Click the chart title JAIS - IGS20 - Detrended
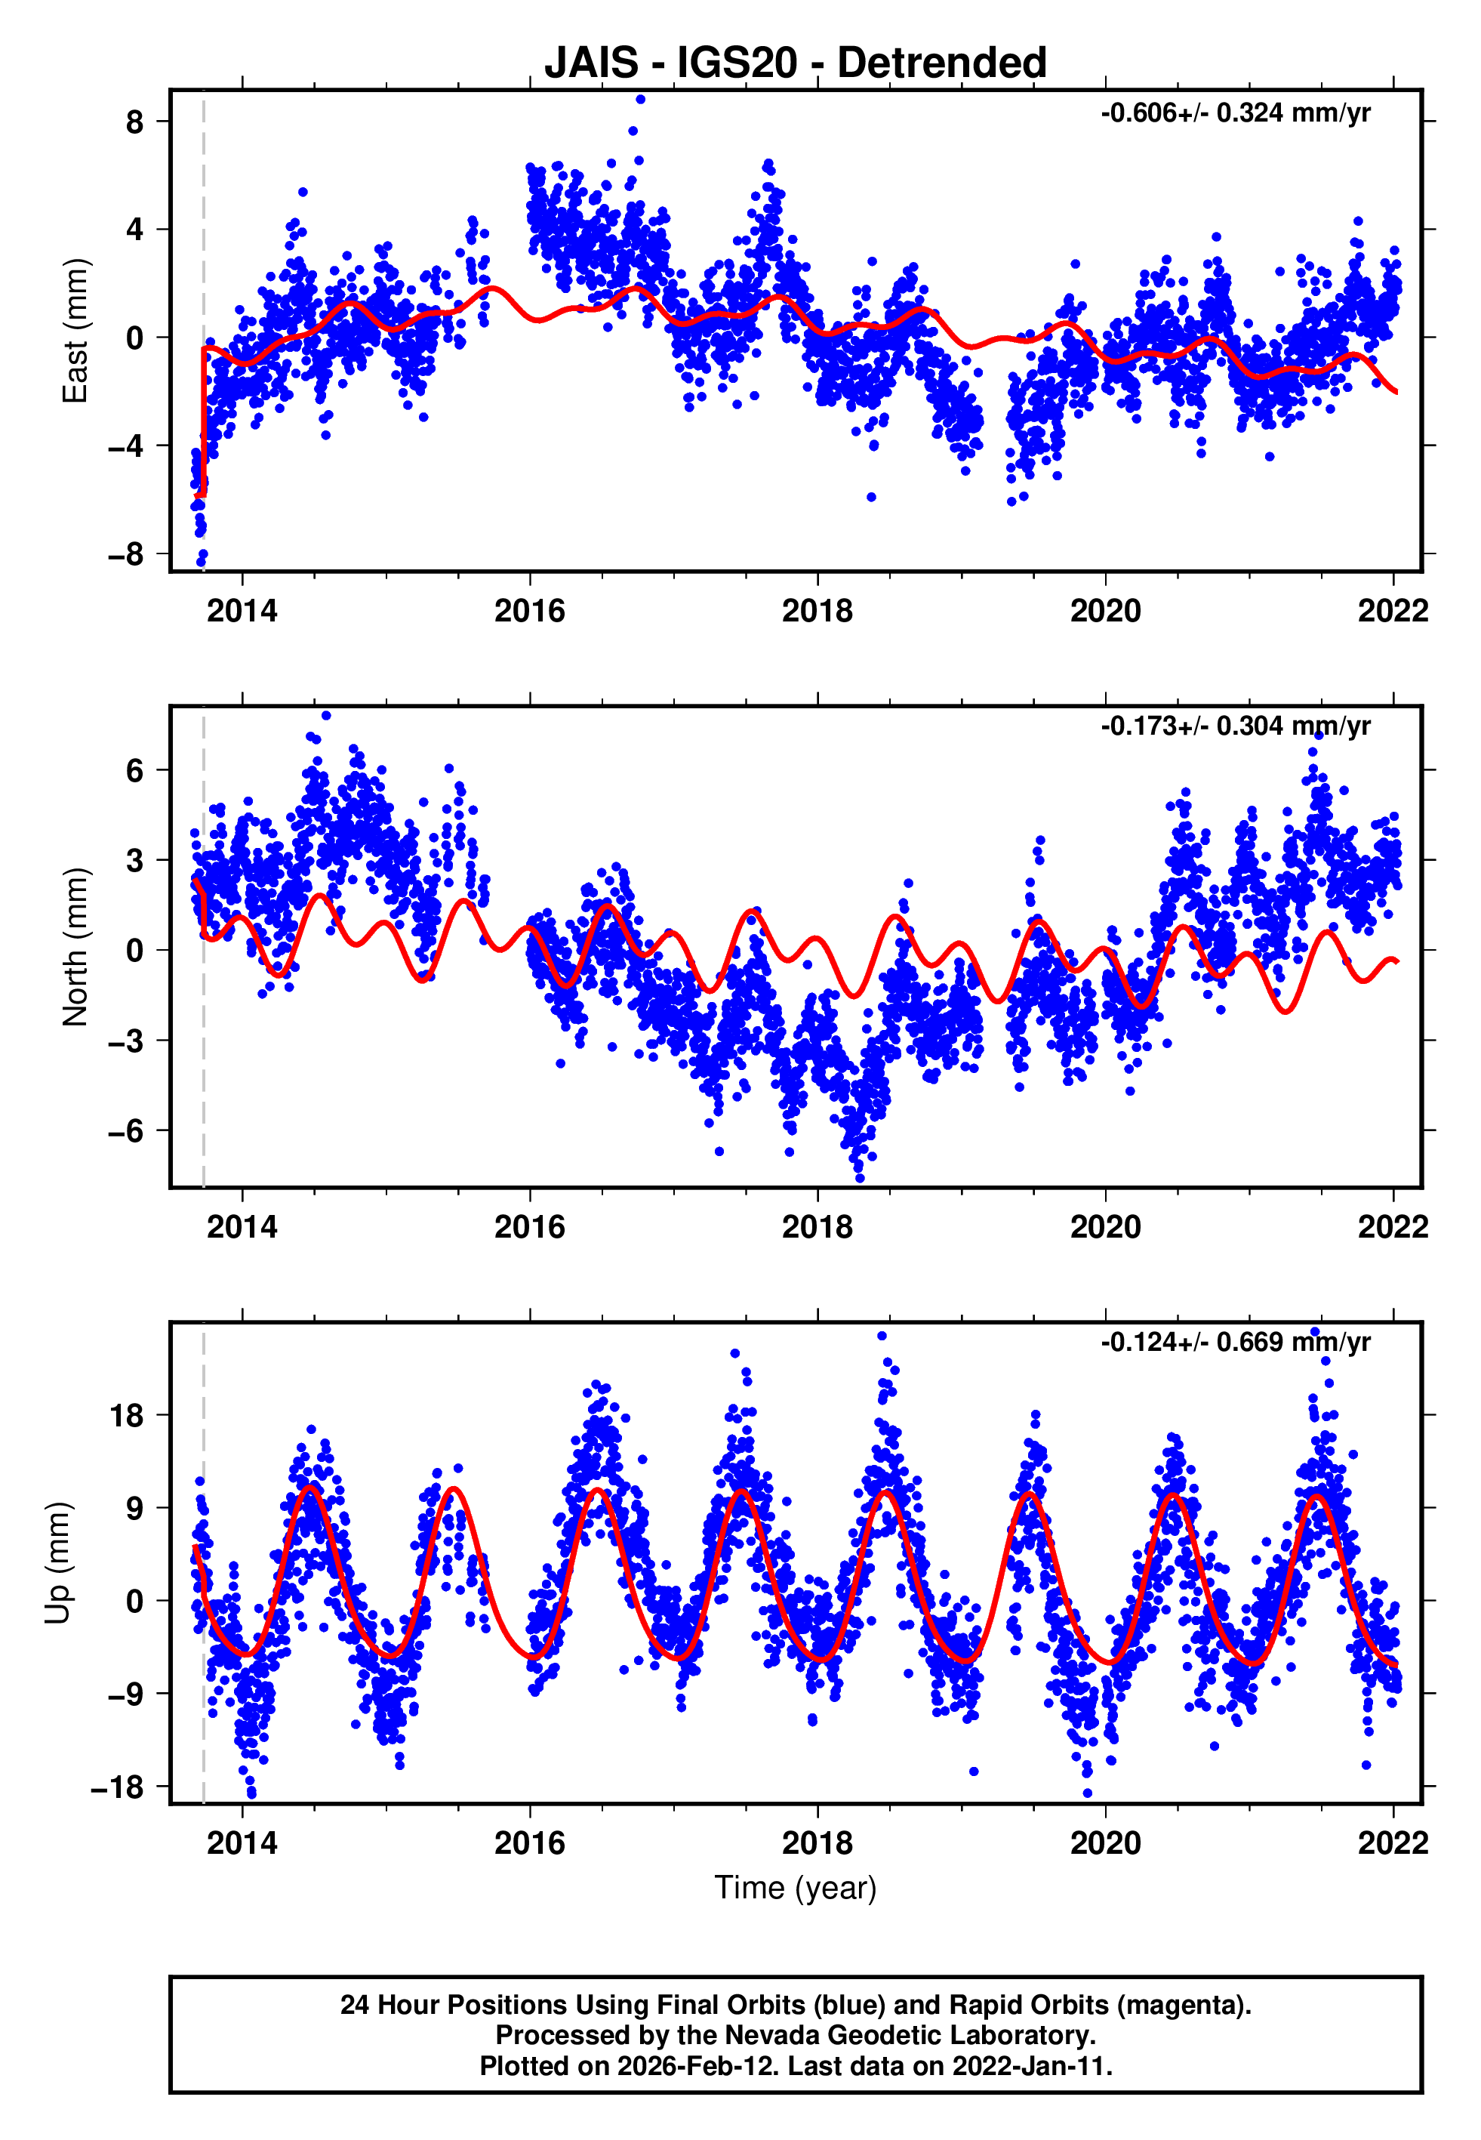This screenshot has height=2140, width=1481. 796,63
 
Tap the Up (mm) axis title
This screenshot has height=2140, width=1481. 57,1564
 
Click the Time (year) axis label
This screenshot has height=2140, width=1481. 796,1888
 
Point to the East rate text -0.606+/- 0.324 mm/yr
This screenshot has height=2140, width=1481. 1235,113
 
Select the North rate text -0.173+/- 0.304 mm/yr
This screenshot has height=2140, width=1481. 1235,726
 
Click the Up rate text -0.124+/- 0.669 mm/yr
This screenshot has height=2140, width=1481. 1235,1342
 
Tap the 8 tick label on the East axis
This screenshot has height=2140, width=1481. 135,122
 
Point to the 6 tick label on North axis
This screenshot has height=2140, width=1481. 135,770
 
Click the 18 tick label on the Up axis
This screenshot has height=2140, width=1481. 127,1416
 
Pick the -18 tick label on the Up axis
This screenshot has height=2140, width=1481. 118,1787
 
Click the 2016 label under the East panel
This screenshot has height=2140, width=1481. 529,611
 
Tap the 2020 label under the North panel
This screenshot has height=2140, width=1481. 1105,1227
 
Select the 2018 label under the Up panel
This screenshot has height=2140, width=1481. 817,1843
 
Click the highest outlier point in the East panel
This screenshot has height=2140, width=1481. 640,99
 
